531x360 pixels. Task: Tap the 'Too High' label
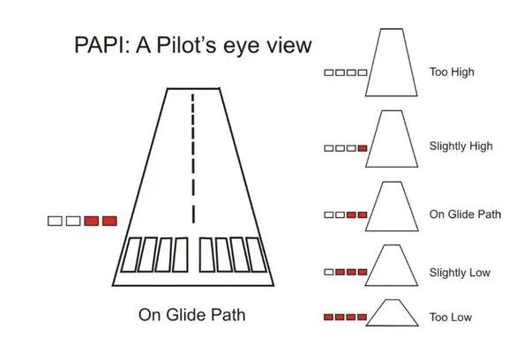point(452,72)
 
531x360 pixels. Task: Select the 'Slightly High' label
point(461,146)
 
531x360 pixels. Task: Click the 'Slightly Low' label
point(460,273)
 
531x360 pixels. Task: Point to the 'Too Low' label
point(451,318)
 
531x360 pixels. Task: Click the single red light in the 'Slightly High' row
point(363,148)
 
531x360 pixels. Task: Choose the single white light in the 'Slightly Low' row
point(329,273)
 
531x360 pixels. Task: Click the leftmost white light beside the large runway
point(55,221)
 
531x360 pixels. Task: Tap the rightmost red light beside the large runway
point(109,221)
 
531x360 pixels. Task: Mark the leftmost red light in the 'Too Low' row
point(328,318)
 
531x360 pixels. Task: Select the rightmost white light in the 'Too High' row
point(363,72)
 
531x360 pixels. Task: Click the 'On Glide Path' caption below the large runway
point(191,315)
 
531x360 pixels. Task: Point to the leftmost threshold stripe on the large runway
point(131,255)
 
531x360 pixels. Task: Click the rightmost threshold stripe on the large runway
point(256,255)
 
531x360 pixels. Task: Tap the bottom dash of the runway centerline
point(193,214)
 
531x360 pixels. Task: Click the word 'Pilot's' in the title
point(186,45)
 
